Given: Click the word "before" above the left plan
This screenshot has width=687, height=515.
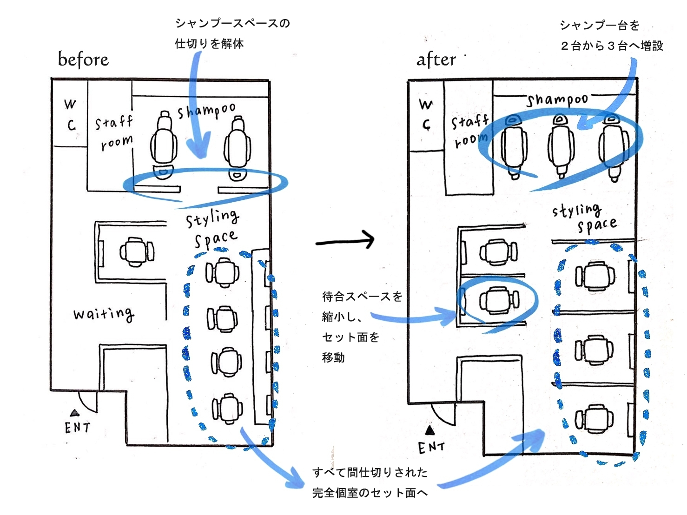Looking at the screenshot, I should click(x=83, y=59).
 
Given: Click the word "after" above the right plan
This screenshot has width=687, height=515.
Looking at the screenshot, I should click(x=436, y=59).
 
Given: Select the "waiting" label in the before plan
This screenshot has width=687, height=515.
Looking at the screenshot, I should click(x=104, y=314).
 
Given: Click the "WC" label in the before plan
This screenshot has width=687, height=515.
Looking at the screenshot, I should click(x=70, y=114).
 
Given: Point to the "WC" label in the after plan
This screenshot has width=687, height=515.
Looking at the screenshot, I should click(x=426, y=114).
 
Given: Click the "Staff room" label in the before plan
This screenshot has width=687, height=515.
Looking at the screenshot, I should click(x=114, y=132).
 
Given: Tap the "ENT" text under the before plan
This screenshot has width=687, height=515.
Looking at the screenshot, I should click(x=77, y=427).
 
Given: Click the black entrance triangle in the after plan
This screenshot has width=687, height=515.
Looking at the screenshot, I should click(x=430, y=430).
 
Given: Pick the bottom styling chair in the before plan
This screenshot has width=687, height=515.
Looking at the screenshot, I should click(x=227, y=408).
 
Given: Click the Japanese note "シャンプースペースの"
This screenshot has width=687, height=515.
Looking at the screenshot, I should click(x=232, y=23).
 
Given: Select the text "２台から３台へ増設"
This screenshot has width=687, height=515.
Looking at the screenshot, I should click(x=611, y=46).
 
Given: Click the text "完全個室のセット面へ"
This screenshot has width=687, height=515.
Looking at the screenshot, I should click(x=370, y=493).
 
